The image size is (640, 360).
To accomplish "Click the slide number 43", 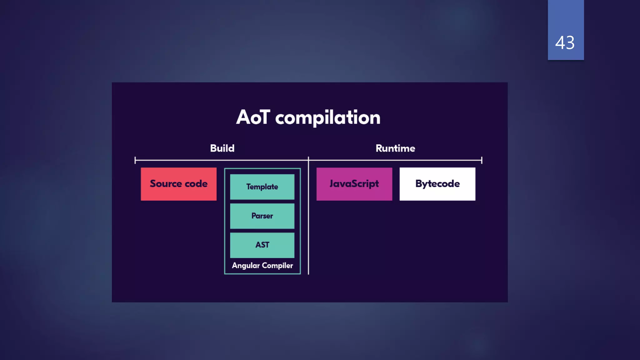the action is tap(565, 43).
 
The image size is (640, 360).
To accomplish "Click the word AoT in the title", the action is tap(253, 117).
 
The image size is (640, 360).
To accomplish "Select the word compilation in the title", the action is tap(327, 118).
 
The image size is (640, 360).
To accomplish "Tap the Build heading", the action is tap(222, 148).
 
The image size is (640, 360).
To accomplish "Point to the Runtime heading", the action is tap(395, 148).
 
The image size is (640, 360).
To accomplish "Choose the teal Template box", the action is tap(262, 187).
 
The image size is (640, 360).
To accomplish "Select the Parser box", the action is tap(262, 216).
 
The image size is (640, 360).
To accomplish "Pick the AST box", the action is tap(262, 245).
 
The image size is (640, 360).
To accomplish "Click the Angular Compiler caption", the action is tap(262, 266).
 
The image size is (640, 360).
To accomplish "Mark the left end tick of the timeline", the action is tap(135, 160).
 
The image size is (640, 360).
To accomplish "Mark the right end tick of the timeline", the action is tap(482, 160).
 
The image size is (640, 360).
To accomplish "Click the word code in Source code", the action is tap(196, 184).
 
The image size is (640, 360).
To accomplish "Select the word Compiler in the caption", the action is tap(277, 266).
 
